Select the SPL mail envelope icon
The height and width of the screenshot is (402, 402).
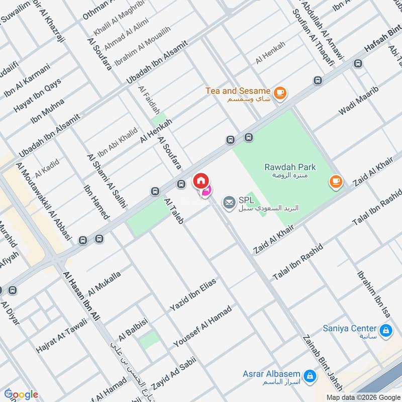pos(229,202)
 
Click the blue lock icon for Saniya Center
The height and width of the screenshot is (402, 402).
pos(386,331)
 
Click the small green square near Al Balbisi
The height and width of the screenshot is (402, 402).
pos(148,340)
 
